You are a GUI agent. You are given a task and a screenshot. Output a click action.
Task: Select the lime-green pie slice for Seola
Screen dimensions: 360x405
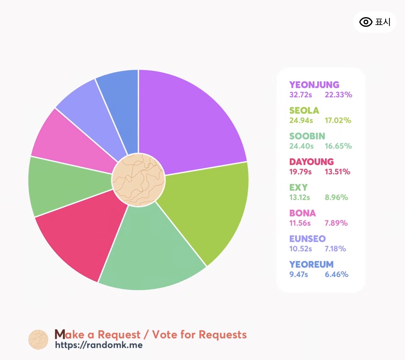[x=208, y=208]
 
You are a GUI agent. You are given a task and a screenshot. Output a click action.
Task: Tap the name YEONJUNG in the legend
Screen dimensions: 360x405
[x=314, y=85]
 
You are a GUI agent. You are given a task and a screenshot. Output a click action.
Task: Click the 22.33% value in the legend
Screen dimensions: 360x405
[x=338, y=95]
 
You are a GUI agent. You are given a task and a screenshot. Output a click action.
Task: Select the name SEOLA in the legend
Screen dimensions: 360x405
[x=304, y=111]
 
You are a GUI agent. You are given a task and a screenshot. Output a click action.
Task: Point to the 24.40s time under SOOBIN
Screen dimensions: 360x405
[x=301, y=146]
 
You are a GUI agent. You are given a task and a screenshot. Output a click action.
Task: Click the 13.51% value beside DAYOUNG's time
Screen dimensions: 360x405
[x=337, y=172]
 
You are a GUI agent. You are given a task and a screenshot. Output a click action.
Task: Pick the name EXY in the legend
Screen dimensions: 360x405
[x=298, y=187]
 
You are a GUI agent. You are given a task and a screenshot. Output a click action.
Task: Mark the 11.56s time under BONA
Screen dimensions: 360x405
[x=300, y=223]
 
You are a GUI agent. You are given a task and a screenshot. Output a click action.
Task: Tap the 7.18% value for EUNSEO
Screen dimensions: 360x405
[x=335, y=249]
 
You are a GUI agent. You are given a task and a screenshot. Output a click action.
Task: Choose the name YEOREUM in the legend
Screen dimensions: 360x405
[x=311, y=264]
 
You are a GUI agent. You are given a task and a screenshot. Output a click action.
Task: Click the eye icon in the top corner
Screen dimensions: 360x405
[x=366, y=22]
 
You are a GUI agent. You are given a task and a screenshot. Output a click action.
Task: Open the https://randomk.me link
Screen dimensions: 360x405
[x=99, y=345]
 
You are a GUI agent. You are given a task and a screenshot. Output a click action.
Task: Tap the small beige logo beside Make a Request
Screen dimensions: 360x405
[x=38, y=340]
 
